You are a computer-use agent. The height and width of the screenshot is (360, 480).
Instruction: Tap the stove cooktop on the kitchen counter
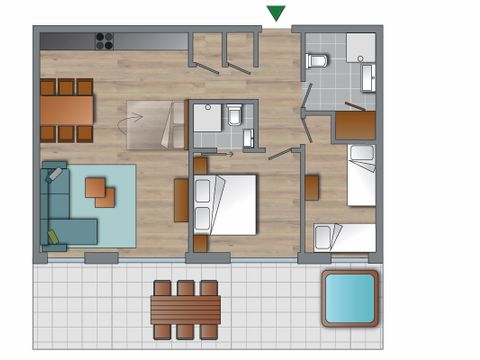pos(104,41)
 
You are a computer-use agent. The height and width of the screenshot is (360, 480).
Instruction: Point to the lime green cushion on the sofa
pos(52,239)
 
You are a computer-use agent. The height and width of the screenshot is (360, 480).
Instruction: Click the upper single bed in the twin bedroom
pos(361,174)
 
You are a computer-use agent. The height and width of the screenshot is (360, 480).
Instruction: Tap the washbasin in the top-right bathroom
pos(368,76)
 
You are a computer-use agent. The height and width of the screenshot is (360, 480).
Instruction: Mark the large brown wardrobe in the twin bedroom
pos(355,125)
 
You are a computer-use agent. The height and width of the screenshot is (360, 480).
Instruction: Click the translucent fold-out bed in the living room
pos(153,125)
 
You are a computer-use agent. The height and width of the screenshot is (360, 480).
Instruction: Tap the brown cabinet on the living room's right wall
pos(180,199)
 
